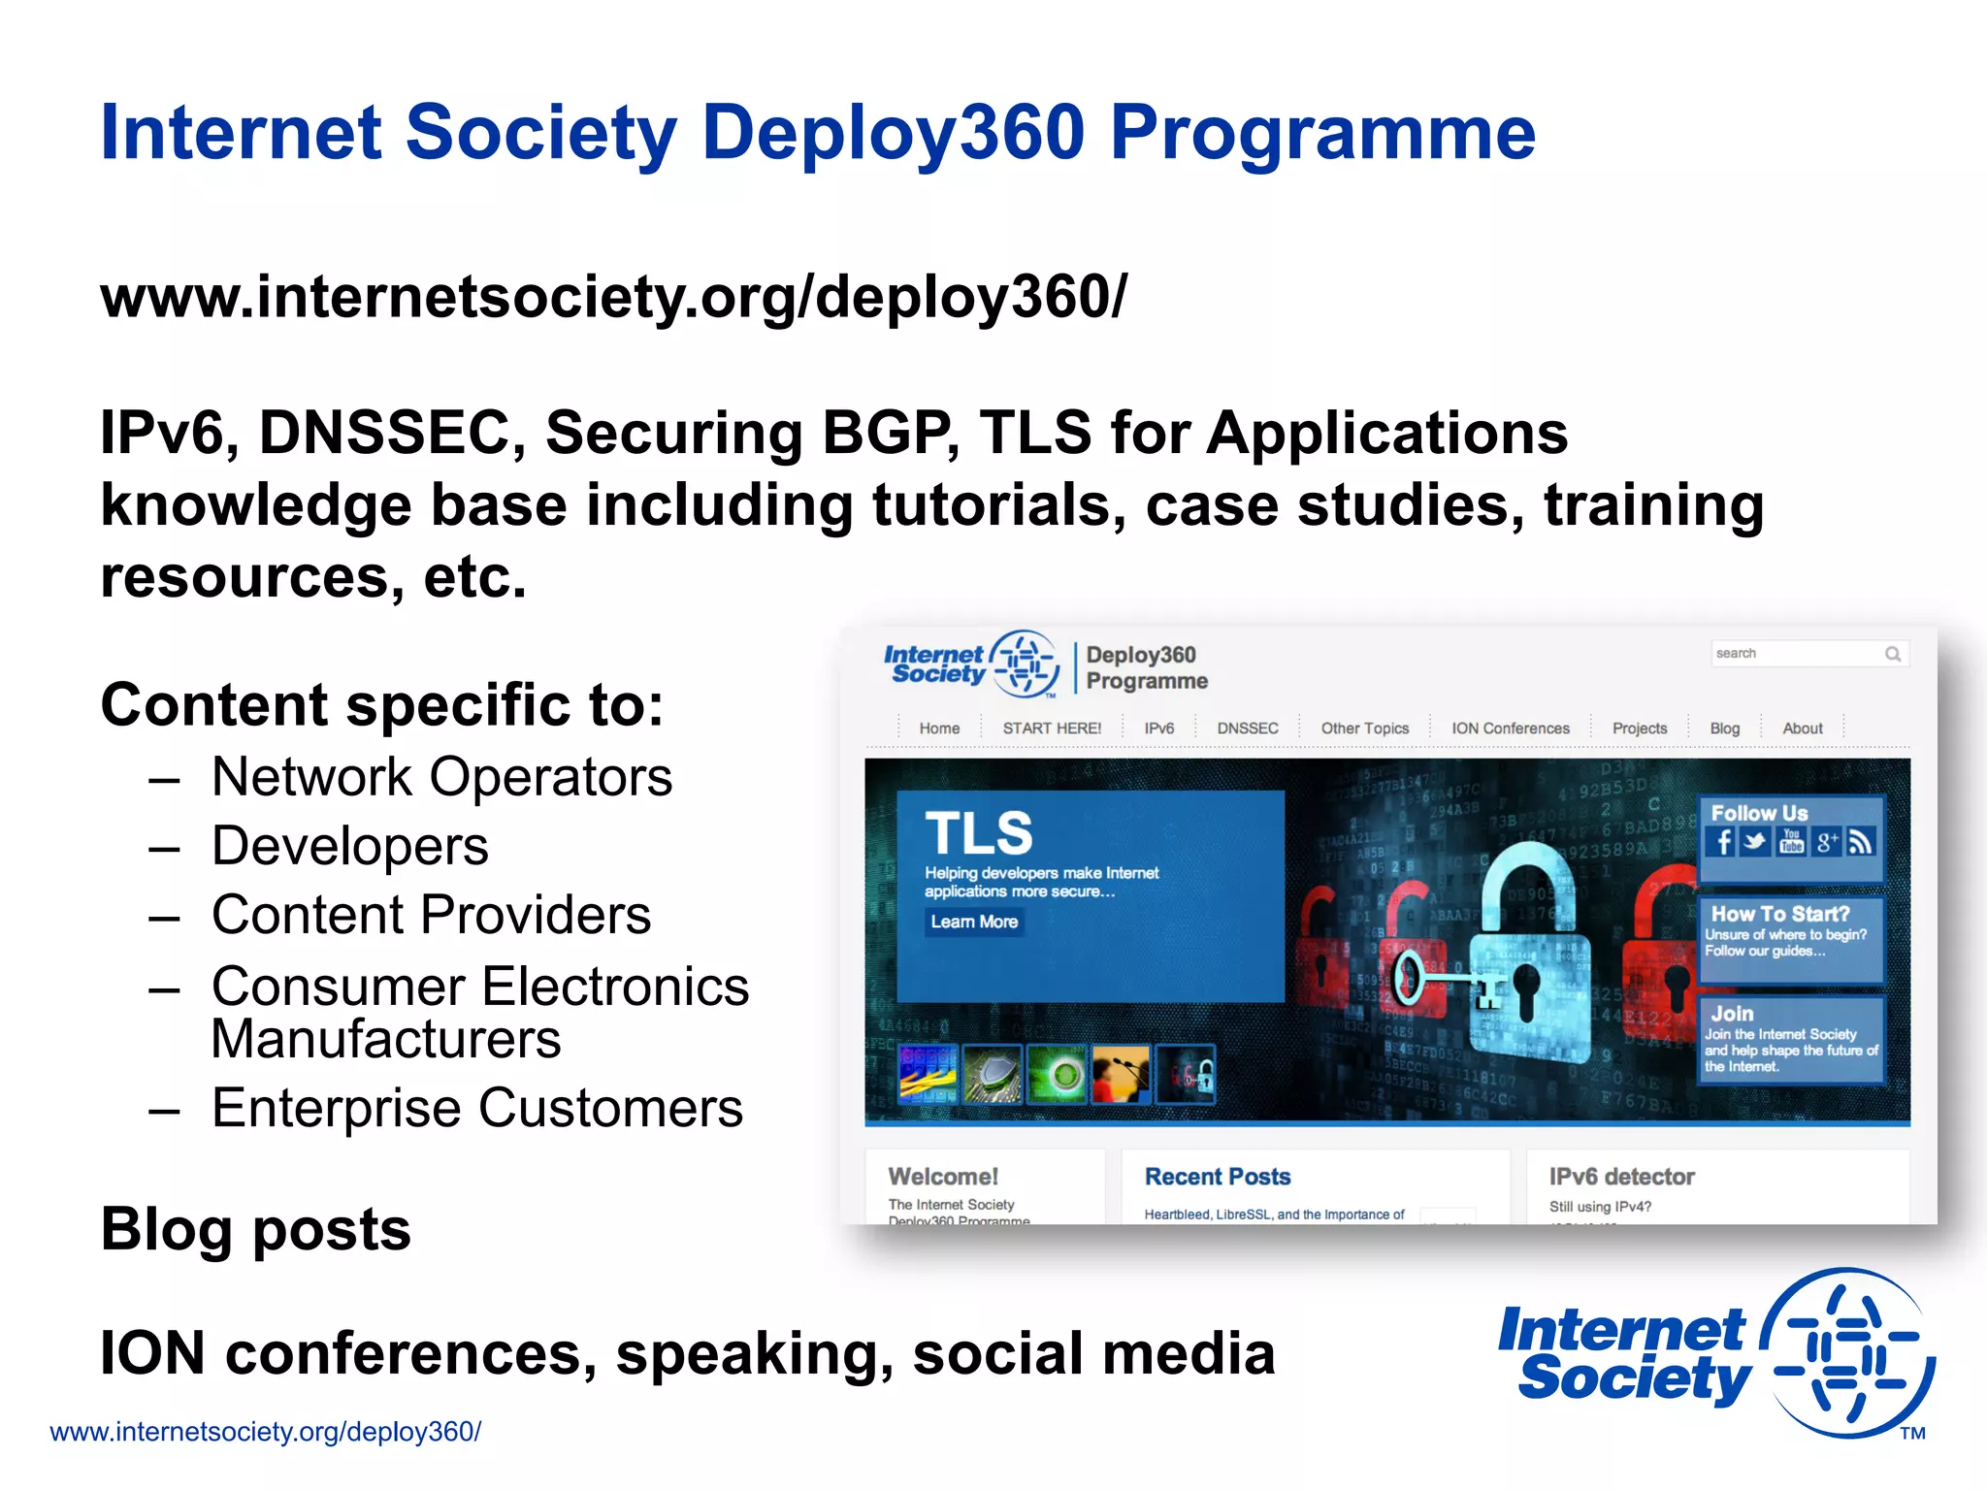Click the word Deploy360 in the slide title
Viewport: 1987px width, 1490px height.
tap(893, 134)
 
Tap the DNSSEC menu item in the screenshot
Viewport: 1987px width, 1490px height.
tap(1247, 729)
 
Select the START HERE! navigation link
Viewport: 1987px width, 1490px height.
tap(1052, 729)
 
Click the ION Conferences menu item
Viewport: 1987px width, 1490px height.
tap(1510, 729)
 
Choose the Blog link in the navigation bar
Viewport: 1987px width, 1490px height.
tap(1724, 729)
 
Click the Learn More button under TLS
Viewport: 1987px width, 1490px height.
tap(974, 922)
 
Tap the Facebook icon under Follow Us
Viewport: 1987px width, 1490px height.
tap(1723, 842)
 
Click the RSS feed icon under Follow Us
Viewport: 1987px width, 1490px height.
tap(1860, 842)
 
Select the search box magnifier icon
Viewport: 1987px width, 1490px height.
tap(1892, 654)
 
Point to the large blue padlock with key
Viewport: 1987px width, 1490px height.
tap(1528, 960)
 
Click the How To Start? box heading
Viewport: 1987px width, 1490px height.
tap(1779, 914)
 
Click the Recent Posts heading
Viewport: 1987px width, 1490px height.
tap(1218, 1177)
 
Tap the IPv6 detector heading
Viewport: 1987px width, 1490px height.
tap(1621, 1177)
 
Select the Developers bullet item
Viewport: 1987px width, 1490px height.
tap(349, 846)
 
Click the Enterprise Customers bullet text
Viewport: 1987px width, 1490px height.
tap(476, 1108)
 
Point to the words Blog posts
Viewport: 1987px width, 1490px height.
tap(255, 1229)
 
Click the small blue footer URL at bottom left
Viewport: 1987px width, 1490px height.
tap(265, 1432)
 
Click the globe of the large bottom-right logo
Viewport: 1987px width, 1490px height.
tap(1848, 1353)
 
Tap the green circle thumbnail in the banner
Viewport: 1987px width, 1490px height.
tap(1057, 1074)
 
